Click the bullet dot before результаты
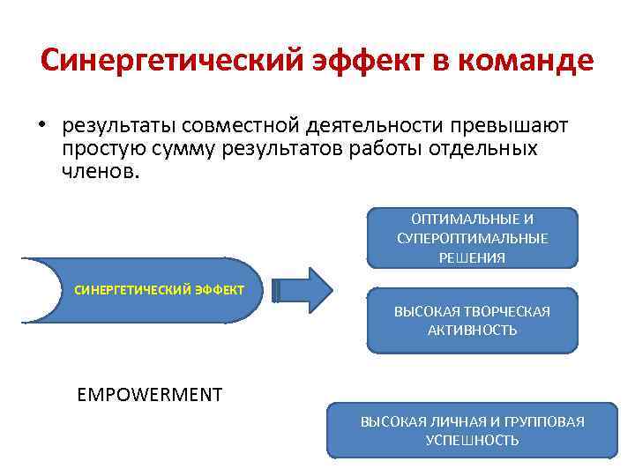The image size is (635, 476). click(x=41, y=126)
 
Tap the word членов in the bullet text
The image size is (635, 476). click(x=100, y=171)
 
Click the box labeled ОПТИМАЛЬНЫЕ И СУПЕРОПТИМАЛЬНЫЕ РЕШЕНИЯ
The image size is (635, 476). click(x=472, y=237)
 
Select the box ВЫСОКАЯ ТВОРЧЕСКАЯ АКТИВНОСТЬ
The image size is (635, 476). click(x=472, y=320)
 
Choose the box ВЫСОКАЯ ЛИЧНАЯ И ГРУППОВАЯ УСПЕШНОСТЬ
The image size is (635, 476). click(x=472, y=430)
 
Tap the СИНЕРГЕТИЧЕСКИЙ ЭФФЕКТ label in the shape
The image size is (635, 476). click(x=160, y=290)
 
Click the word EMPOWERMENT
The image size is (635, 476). click(x=150, y=394)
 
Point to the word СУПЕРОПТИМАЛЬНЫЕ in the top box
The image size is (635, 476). click(x=472, y=238)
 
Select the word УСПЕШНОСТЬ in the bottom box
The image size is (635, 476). click(x=472, y=440)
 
